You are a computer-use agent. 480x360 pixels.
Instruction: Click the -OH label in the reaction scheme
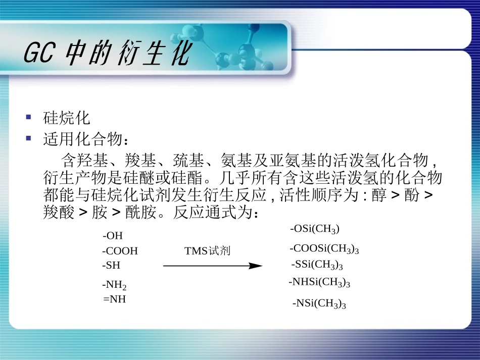(x=113, y=236)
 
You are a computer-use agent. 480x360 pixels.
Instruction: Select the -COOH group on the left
(x=120, y=251)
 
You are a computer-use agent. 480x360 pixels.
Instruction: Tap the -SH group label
(x=111, y=265)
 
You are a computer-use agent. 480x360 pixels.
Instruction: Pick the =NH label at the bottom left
(x=114, y=299)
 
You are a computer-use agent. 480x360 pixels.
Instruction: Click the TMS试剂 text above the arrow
(x=207, y=251)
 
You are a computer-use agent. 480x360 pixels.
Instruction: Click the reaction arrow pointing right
(x=213, y=266)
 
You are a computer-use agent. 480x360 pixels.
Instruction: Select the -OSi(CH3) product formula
(x=315, y=229)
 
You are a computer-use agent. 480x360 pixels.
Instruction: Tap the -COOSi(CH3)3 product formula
(x=324, y=248)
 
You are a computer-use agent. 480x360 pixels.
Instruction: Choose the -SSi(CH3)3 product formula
(x=317, y=265)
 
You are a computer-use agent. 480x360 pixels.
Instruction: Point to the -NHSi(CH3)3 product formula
(x=319, y=282)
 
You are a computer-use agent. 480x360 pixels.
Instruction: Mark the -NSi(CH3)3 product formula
(x=319, y=303)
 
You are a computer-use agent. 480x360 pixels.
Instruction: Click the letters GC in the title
(x=38, y=54)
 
